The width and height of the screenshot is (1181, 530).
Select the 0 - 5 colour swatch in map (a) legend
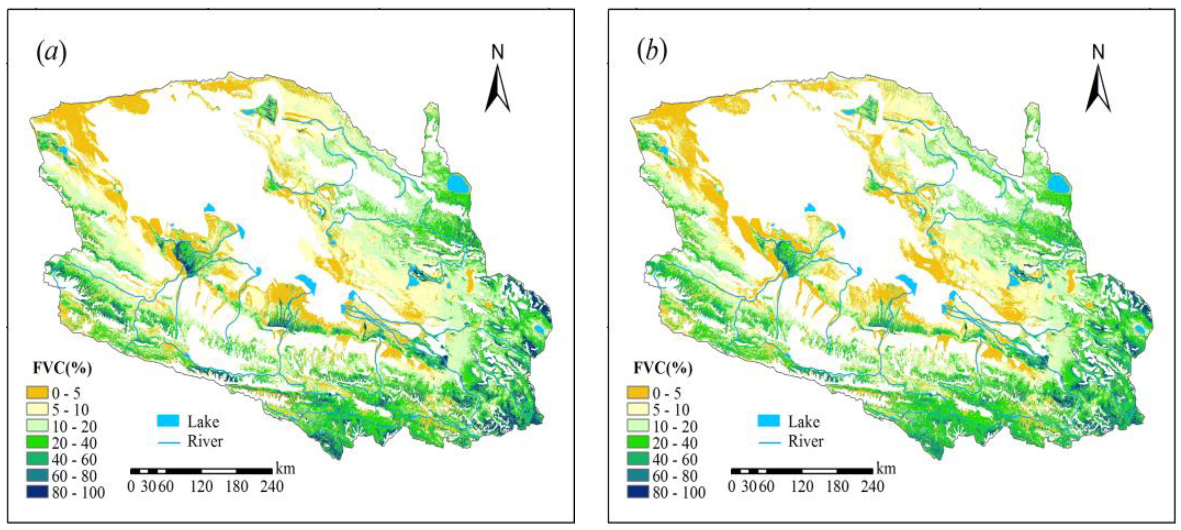(x=37, y=392)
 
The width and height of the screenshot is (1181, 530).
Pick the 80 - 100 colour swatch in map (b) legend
(x=637, y=492)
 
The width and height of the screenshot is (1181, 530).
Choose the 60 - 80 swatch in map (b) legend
(x=637, y=476)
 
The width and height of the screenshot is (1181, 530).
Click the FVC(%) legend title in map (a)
(x=62, y=368)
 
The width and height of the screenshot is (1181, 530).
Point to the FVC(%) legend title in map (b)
(x=663, y=368)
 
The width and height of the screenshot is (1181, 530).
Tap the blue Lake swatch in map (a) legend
(x=168, y=421)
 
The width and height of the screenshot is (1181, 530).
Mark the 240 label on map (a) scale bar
(x=272, y=486)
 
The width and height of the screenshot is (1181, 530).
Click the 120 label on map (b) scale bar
(x=802, y=486)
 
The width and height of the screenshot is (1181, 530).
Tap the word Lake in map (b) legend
(x=804, y=421)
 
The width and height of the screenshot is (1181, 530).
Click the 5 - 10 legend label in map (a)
(x=70, y=409)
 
